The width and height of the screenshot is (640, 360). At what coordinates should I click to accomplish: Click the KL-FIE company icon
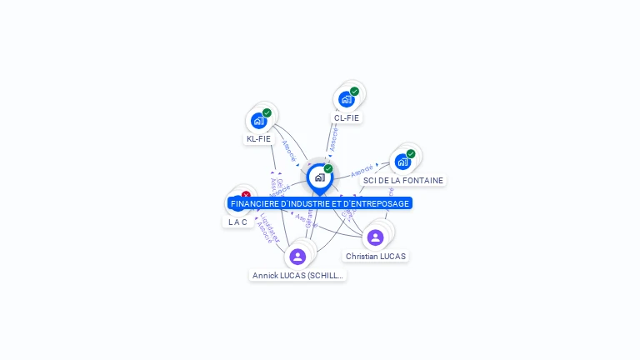[x=259, y=121]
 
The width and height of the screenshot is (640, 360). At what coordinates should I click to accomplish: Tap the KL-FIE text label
[x=258, y=139]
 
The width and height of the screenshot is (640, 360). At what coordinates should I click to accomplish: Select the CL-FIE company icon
[x=347, y=99]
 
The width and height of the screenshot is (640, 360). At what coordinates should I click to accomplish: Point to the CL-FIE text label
[x=347, y=118]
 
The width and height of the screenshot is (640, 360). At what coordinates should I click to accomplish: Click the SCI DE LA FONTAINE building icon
[x=402, y=162]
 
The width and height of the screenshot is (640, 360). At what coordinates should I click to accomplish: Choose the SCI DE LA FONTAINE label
[x=403, y=180]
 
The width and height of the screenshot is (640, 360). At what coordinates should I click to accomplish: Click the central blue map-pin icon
[x=319, y=177]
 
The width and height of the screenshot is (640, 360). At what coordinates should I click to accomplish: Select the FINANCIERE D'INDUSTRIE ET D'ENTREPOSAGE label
[x=320, y=203]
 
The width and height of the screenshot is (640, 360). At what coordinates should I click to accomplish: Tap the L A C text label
[x=238, y=222]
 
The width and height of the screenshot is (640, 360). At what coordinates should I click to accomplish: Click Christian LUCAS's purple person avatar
[x=375, y=237]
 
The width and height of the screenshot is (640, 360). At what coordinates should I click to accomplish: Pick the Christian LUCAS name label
[x=376, y=257]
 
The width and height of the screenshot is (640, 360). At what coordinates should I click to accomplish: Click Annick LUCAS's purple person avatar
[x=297, y=256]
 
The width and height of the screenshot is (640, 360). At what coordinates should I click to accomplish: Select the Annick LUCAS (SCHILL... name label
[x=297, y=275]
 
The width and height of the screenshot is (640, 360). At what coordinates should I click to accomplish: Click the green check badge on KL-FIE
[x=267, y=113]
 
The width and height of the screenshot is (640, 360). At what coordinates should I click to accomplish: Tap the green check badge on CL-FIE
[x=354, y=92]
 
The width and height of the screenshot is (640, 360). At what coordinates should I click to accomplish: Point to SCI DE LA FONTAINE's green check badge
[x=411, y=154]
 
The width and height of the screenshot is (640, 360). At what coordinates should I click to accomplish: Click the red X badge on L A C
[x=246, y=196]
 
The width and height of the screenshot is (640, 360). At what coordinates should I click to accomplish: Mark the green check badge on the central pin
[x=328, y=169]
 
